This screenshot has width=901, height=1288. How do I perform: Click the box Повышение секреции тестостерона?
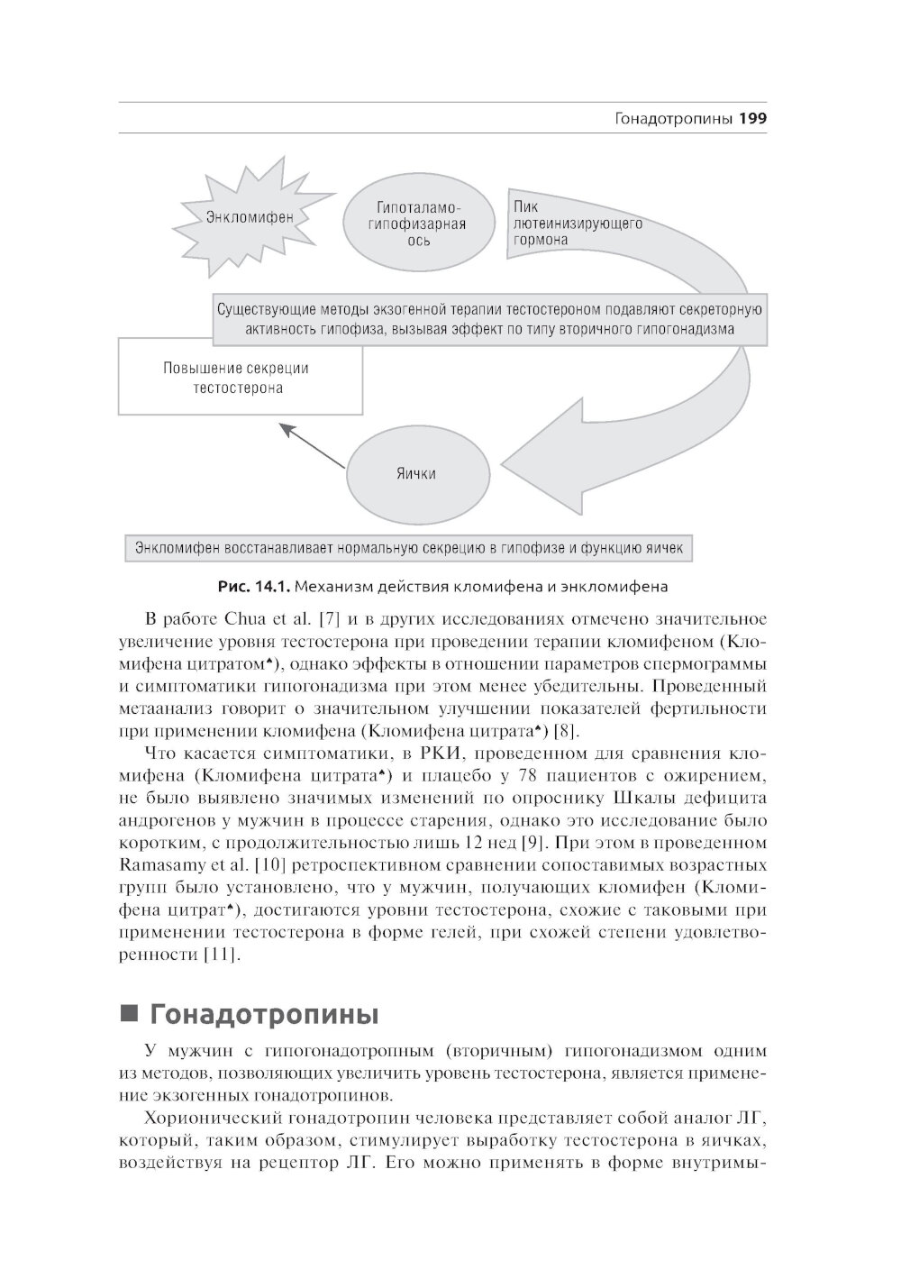(241, 378)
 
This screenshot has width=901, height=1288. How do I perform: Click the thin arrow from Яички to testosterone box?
(314, 446)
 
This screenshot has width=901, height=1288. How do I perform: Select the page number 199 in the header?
(751, 118)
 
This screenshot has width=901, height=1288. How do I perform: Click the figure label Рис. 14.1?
(253, 588)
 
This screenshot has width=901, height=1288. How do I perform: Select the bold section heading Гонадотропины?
(264, 1014)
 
